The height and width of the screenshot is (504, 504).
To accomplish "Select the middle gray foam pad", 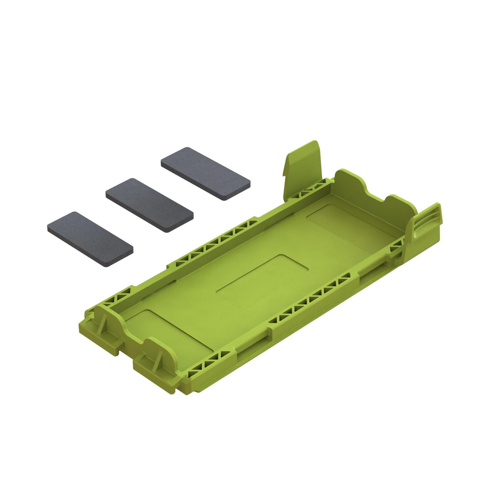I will click(149, 205).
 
